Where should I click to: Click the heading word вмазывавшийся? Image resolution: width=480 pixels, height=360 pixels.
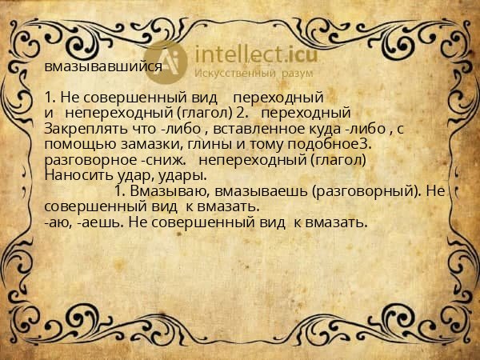[103, 67]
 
